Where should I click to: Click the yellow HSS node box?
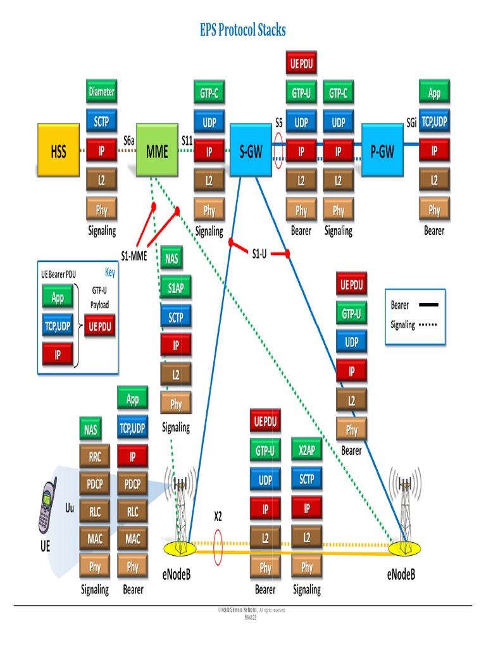tap(58, 152)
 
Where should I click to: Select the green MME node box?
tap(158, 152)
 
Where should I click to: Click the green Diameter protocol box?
tap(101, 92)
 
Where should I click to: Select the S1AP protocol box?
tap(176, 288)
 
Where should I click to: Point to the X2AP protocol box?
tap(307, 450)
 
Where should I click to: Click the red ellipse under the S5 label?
tap(279, 152)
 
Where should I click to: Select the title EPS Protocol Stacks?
tap(243, 29)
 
